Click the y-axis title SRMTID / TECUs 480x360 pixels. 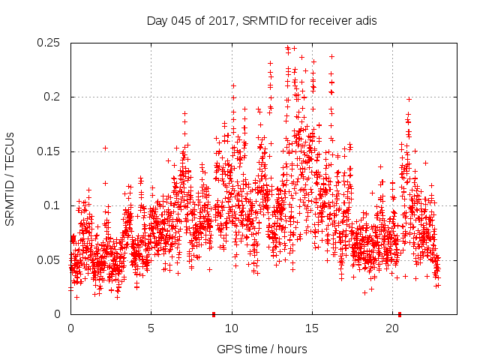(10, 178)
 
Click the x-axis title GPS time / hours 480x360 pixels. (262, 349)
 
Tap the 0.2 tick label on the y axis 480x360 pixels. (52, 97)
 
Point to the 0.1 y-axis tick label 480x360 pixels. (52, 206)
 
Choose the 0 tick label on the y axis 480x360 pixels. (58, 314)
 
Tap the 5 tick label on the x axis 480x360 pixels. (151, 328)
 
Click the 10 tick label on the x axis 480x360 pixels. (232, 328)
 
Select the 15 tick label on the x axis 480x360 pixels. (312, 328)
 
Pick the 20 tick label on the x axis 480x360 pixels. (392, 328)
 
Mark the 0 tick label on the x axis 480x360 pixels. (70, 328)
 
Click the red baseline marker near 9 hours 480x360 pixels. (214, 314)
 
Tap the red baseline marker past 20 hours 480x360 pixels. (400, 314)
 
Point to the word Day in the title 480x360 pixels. (156, 20)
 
